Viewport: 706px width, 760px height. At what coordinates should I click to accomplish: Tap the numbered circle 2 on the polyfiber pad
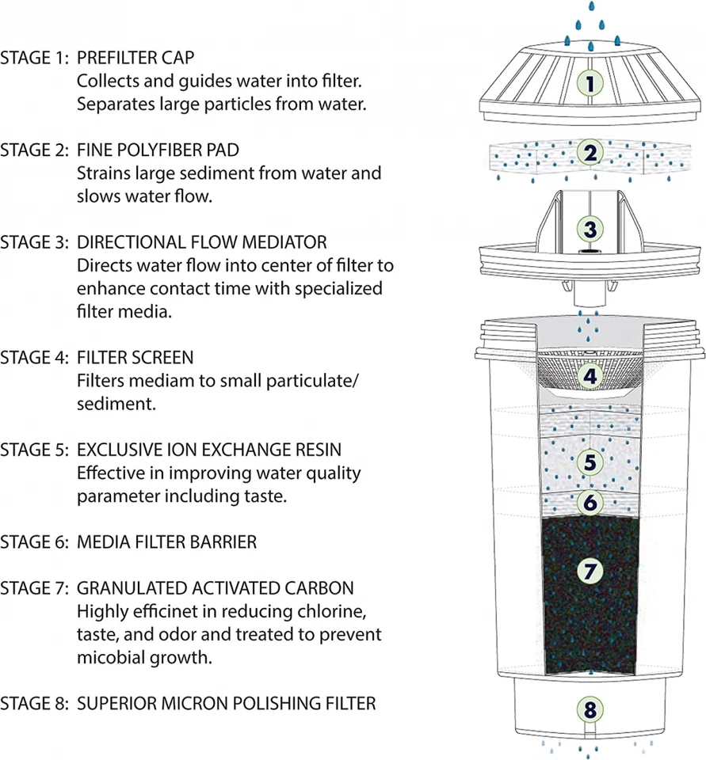(x=587, y=154)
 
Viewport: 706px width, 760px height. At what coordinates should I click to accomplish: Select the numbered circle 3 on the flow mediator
(x=587, y=229)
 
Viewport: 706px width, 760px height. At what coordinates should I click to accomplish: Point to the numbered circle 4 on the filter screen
(x=587, y=377)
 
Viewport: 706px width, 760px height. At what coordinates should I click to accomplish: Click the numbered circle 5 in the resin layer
(x=587, y=462)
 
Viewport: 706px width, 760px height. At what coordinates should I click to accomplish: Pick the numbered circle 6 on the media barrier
(x=587, y=502)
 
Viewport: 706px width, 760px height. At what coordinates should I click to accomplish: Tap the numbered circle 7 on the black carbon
(x=587, y=572)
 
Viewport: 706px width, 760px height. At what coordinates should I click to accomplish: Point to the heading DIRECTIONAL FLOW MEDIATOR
(x=201, y=241)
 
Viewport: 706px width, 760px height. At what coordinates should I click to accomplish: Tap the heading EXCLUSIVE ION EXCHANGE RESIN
(x=209, y=450)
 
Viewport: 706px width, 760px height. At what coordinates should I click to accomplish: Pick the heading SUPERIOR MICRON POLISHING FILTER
(x=226, y=703)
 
